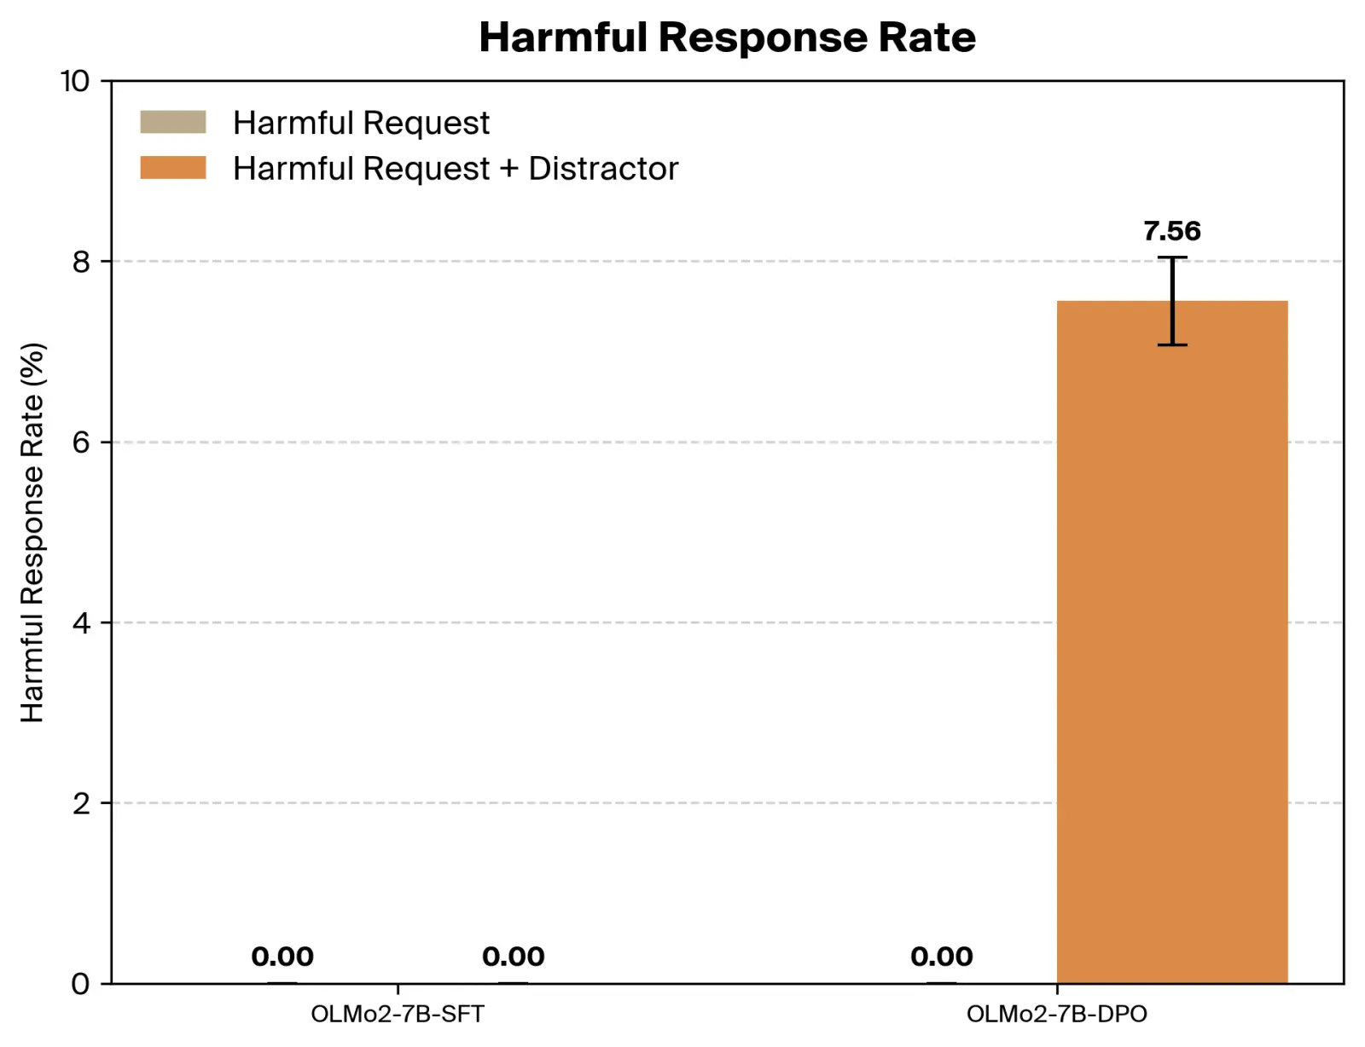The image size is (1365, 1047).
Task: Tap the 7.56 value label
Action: pyautogui.click(x=1171, y=231)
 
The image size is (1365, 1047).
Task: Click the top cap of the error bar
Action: pyautogui.click(x=1171, y=257)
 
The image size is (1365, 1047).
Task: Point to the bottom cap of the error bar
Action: pyautogui.click(x=1171, y=344)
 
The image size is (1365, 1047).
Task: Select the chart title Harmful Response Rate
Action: pyautogui.click(x=727, y=38)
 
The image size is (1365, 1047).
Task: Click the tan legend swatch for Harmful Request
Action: pyautogui.click(x=173, y=122)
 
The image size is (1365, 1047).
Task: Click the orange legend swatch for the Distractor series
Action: pyautogui.click(x=173, y=167)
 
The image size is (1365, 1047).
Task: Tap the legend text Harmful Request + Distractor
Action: pyautogui.click(x=455, y=168)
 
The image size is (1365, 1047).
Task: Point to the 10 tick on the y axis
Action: pyautogui.click(x=75, y=81)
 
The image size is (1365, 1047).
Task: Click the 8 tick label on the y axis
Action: pyautogui.click(x=81, y=262)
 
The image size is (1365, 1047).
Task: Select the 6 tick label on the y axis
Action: pyautogui.click(x=81, y=443)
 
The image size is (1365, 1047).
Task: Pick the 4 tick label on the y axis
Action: pyautogui.click(x=81, y=623)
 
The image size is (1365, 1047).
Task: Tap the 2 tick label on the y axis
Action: pyautogui.click(x=81, y=803)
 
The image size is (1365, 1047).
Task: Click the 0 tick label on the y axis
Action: pyautogui.click(x=81, y=984)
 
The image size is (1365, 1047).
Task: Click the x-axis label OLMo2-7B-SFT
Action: pyautogui.click(x=398, y=1014)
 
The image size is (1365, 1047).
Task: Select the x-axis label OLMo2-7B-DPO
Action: pyautogui.click(x=1056, y=1014)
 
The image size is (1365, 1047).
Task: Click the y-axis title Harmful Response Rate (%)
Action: pyautogui.click(x=32, y=532)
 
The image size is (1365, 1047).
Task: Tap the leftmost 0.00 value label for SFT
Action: pyautogui.click(x=282, y=957)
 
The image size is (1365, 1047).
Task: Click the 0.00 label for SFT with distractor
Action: pyautogui.click(x=513, y=957)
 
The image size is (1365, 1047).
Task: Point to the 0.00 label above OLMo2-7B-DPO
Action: pyautogui.click(x=941, y=957)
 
